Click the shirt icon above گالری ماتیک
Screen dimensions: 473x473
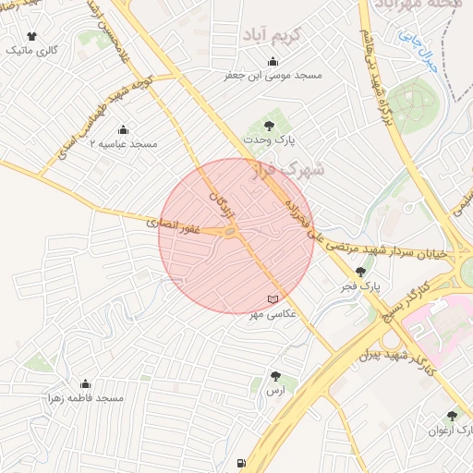32,36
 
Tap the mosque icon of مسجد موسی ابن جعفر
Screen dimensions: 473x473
273,62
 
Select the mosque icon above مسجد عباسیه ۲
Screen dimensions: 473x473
123,129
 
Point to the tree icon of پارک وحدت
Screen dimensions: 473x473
269,124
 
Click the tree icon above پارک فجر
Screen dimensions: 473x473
360,272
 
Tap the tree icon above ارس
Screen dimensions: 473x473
275,376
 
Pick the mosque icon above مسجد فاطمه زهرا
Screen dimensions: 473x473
86,383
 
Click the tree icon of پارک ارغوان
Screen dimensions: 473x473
452,416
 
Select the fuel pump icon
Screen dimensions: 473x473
242,463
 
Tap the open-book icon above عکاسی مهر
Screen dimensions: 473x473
272,299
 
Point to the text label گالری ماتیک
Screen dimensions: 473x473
31,51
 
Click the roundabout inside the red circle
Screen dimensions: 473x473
233,233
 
